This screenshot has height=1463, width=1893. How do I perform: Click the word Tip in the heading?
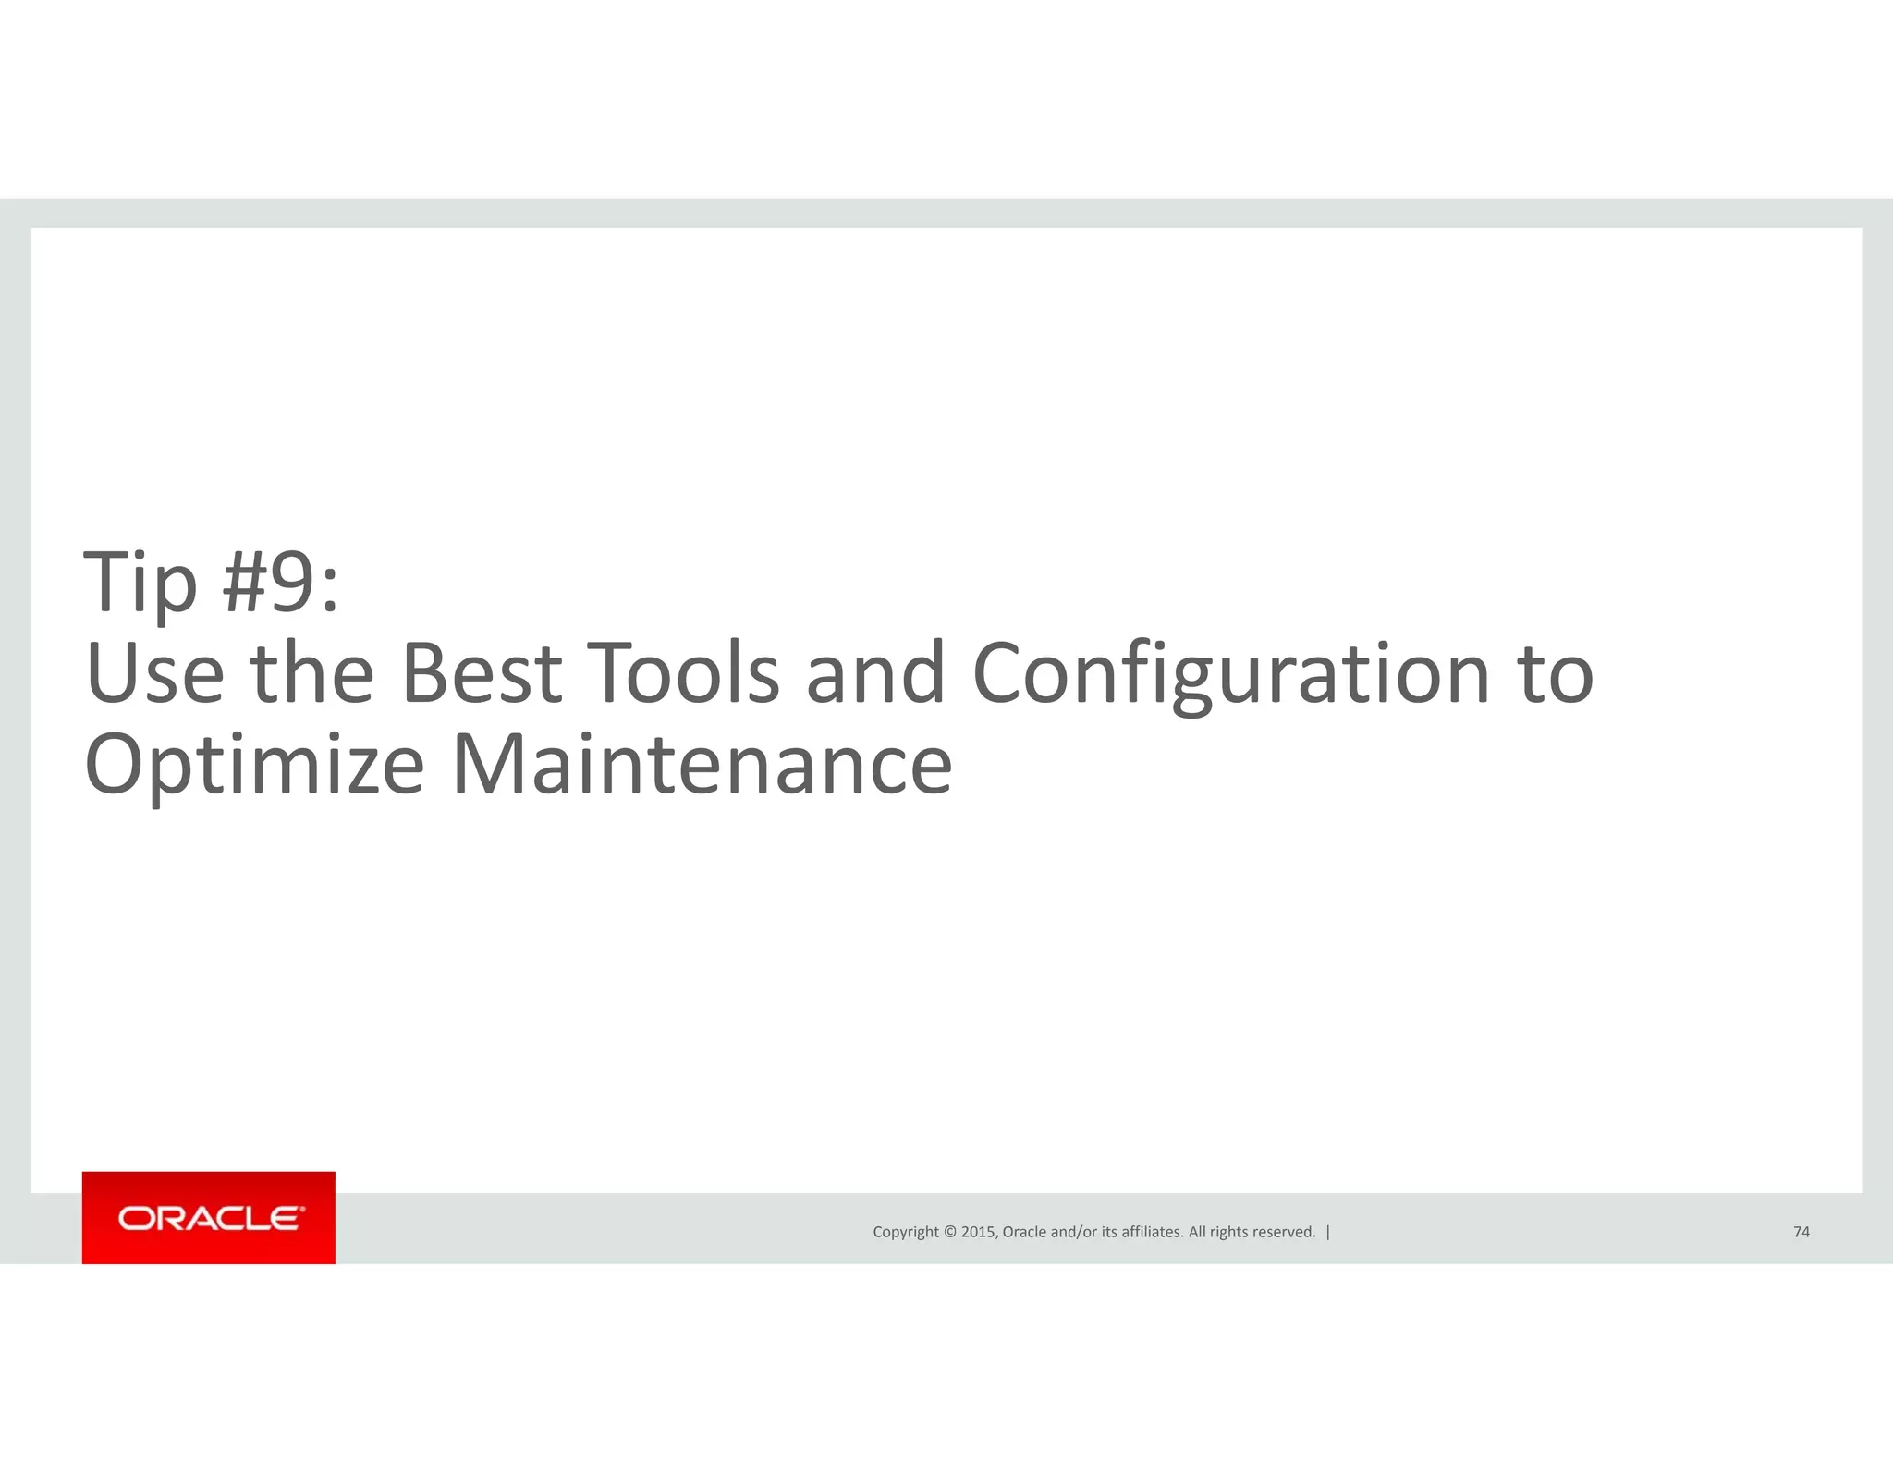[x=140, y=583]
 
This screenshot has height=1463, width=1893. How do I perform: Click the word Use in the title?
[x=154, y=673]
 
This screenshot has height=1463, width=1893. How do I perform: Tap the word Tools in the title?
[x=683, y=673]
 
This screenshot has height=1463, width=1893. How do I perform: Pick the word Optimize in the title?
[x=254, y=766]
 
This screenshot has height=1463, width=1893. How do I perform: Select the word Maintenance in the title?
[x=702, y=764]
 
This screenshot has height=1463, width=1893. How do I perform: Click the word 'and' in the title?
[x=875, y=673]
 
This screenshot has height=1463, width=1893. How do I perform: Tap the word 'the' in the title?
[x=312, y=673]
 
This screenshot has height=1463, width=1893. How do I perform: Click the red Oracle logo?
[x=209, y=1217]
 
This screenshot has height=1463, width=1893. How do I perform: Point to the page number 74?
[x=1801, y=1232]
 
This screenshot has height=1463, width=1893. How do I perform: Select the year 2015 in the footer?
[x=979, y=1232]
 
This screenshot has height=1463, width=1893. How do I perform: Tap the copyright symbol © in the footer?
[x=949, y=1232]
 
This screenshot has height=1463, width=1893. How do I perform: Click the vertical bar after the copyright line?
[x=1328, y=1232]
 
